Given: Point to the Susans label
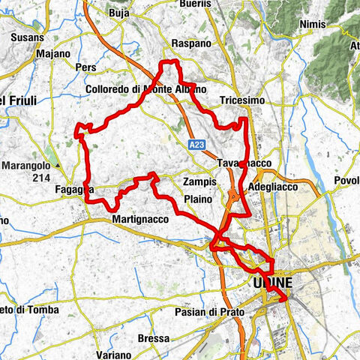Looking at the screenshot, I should tap(28, 36).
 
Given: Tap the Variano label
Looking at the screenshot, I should tap(118, 354).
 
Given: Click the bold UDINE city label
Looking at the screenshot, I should tap(272, 283).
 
